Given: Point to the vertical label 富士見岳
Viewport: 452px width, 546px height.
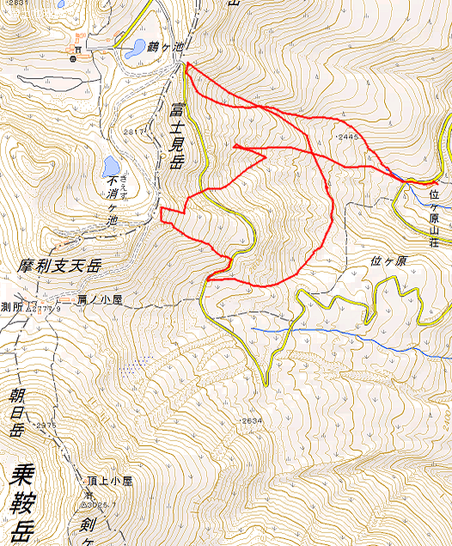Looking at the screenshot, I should pos(177,134).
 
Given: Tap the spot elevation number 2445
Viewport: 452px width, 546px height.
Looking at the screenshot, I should pos(347,136).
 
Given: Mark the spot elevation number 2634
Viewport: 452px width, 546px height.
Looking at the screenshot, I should pos(251,420).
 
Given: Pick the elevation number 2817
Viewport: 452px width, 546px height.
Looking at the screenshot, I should pos(134,131).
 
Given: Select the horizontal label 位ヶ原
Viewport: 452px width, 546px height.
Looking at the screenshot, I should pos(388,261).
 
